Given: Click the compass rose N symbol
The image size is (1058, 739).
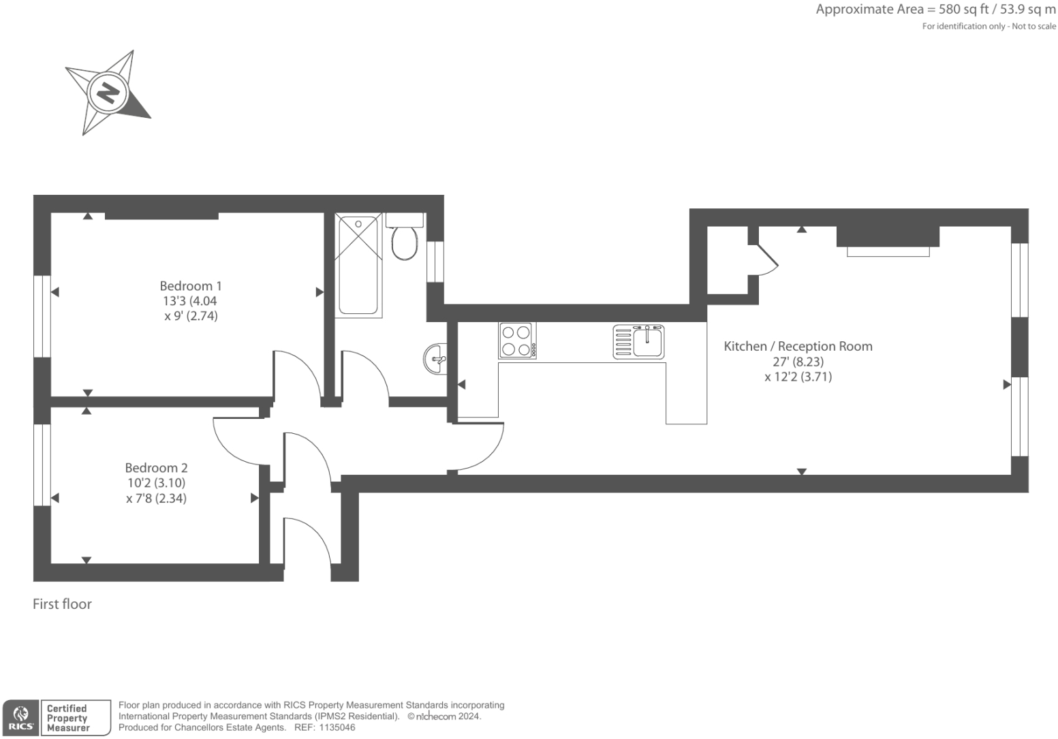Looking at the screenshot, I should click(108, 91).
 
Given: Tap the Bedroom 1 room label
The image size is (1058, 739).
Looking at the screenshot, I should click(190, 286).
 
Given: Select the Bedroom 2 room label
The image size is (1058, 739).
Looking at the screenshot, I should click(156, 468).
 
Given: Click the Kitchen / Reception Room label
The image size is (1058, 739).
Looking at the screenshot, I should click(798, 346).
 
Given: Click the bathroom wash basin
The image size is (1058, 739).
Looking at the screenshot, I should click(435, 358).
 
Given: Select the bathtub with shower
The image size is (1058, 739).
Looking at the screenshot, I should click(358, 265).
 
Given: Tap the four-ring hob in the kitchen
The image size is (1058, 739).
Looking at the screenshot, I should click(517, 341).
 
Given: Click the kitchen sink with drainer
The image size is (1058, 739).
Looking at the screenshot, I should click(638, 341).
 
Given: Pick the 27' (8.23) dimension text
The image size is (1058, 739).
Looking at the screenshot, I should click(798, 362).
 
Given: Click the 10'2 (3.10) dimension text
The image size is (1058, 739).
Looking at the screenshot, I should click(156, 483).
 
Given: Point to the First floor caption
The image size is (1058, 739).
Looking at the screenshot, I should click(62, 604).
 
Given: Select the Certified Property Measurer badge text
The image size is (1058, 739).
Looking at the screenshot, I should click(67, 718).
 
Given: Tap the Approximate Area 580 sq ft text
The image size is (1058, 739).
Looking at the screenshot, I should click(935, 10).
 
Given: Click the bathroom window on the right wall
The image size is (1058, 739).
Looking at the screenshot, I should click(435, 262).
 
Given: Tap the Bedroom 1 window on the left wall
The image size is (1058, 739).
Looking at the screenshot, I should click(42, 316).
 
